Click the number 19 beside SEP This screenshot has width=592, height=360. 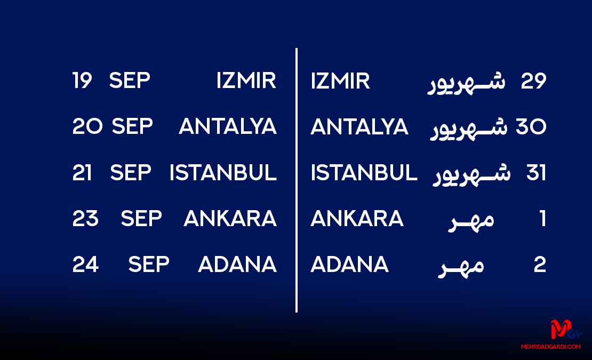tap(82, 81)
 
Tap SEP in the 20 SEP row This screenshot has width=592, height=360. tap(132, 126)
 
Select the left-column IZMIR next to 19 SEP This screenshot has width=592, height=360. tap(246, 81)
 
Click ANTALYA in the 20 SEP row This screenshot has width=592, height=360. tap(228, 126)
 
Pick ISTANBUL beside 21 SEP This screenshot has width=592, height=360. tap(223, 172)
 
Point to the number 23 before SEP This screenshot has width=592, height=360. tap(85, 219)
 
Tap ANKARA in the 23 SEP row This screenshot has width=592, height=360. tap(230, 219)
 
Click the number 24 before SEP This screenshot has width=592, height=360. tap(86, 264)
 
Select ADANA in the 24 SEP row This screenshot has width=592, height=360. tap(237, 264)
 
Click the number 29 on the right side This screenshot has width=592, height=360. tap(533, 81)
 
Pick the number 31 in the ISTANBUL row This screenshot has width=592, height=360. tap(536, 173)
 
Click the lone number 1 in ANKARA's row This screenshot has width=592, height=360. tap(543, 219)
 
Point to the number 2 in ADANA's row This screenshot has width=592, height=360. tap(540, 265)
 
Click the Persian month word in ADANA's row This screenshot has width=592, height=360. tap(461, 267)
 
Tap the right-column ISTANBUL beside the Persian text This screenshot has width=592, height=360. tap(364, 173)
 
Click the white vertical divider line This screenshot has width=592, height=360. tap(297, 180)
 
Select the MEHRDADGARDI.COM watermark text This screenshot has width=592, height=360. tap(550, 347)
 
